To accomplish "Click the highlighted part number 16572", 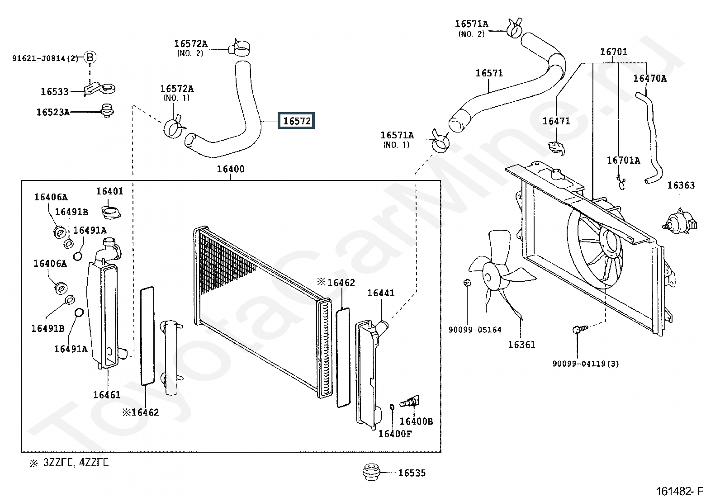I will pyautogui.click(x=297, y=121).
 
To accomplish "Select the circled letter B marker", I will pyautogui.click(x=90, y=57).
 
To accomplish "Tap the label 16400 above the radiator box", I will pyautogui.click(x=231, y=169).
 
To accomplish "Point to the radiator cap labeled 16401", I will pyautogui.click(x=109, y=211).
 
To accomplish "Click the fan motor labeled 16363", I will pyautogui.click(x=680, y=222).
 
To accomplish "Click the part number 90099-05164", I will pyautogui.click(x=475, y=330).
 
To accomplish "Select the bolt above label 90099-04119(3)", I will pyautogui.click(x=578, y=330).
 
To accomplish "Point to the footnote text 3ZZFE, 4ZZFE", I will pyautogui.click(x=76, y=463).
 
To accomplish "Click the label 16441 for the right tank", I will pyautogui.click(x=381, y=293).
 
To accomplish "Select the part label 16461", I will pyautogui.click(x=107, y=395).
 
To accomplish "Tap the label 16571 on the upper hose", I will pyautogui.click(x=489, y=73).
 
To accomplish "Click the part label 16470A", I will pyautogui.click(x=649, y=78).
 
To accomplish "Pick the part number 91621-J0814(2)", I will pyautogui.click(x=45, y=58).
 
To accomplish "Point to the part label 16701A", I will pyautogui.click(x=623, y=160).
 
